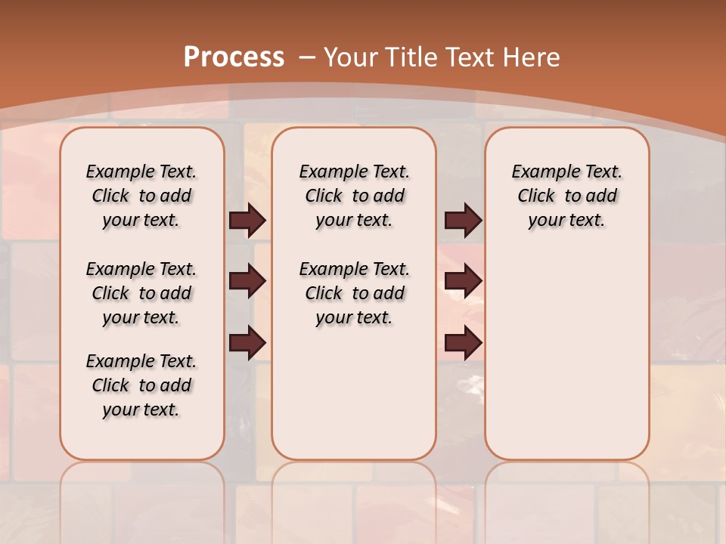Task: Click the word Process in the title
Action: pos(234,57)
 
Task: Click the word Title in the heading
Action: pos(413,57)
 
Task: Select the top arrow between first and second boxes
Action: pos(247,220)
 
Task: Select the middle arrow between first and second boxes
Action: pos(247,281)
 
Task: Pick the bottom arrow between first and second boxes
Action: pos(247,343)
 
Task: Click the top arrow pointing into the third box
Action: pos(463,220)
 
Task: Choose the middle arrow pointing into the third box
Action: pos(463,281)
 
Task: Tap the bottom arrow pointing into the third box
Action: pos(463,343)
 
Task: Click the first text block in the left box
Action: pos(141,196)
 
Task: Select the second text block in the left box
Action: pos(141,293)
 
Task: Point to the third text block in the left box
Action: pos(141,385)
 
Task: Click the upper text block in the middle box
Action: pos(354,196)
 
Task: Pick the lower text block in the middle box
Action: pos(354,293)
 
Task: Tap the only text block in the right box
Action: pos(566,196)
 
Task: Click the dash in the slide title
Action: pos(308,57)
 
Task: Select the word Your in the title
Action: pos(352,57)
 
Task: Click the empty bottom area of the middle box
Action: pos(354,400)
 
